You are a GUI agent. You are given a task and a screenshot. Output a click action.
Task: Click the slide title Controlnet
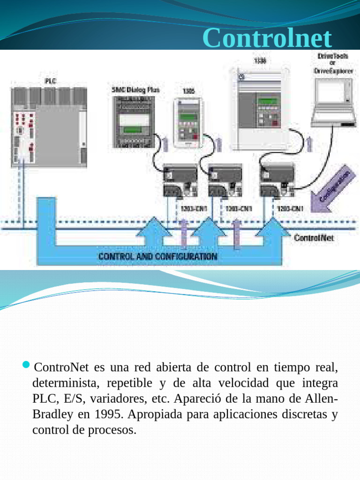click(268, 38)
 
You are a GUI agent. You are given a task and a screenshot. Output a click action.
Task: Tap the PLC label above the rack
click(50, 81)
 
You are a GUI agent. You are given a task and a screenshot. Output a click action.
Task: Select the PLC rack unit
click(49, 127)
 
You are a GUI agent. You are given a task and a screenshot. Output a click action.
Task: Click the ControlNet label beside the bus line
click(314, 238)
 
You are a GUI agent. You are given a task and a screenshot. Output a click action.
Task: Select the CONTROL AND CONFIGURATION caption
click(157, 256)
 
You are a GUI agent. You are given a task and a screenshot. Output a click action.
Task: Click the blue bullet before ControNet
click(26, 365)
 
